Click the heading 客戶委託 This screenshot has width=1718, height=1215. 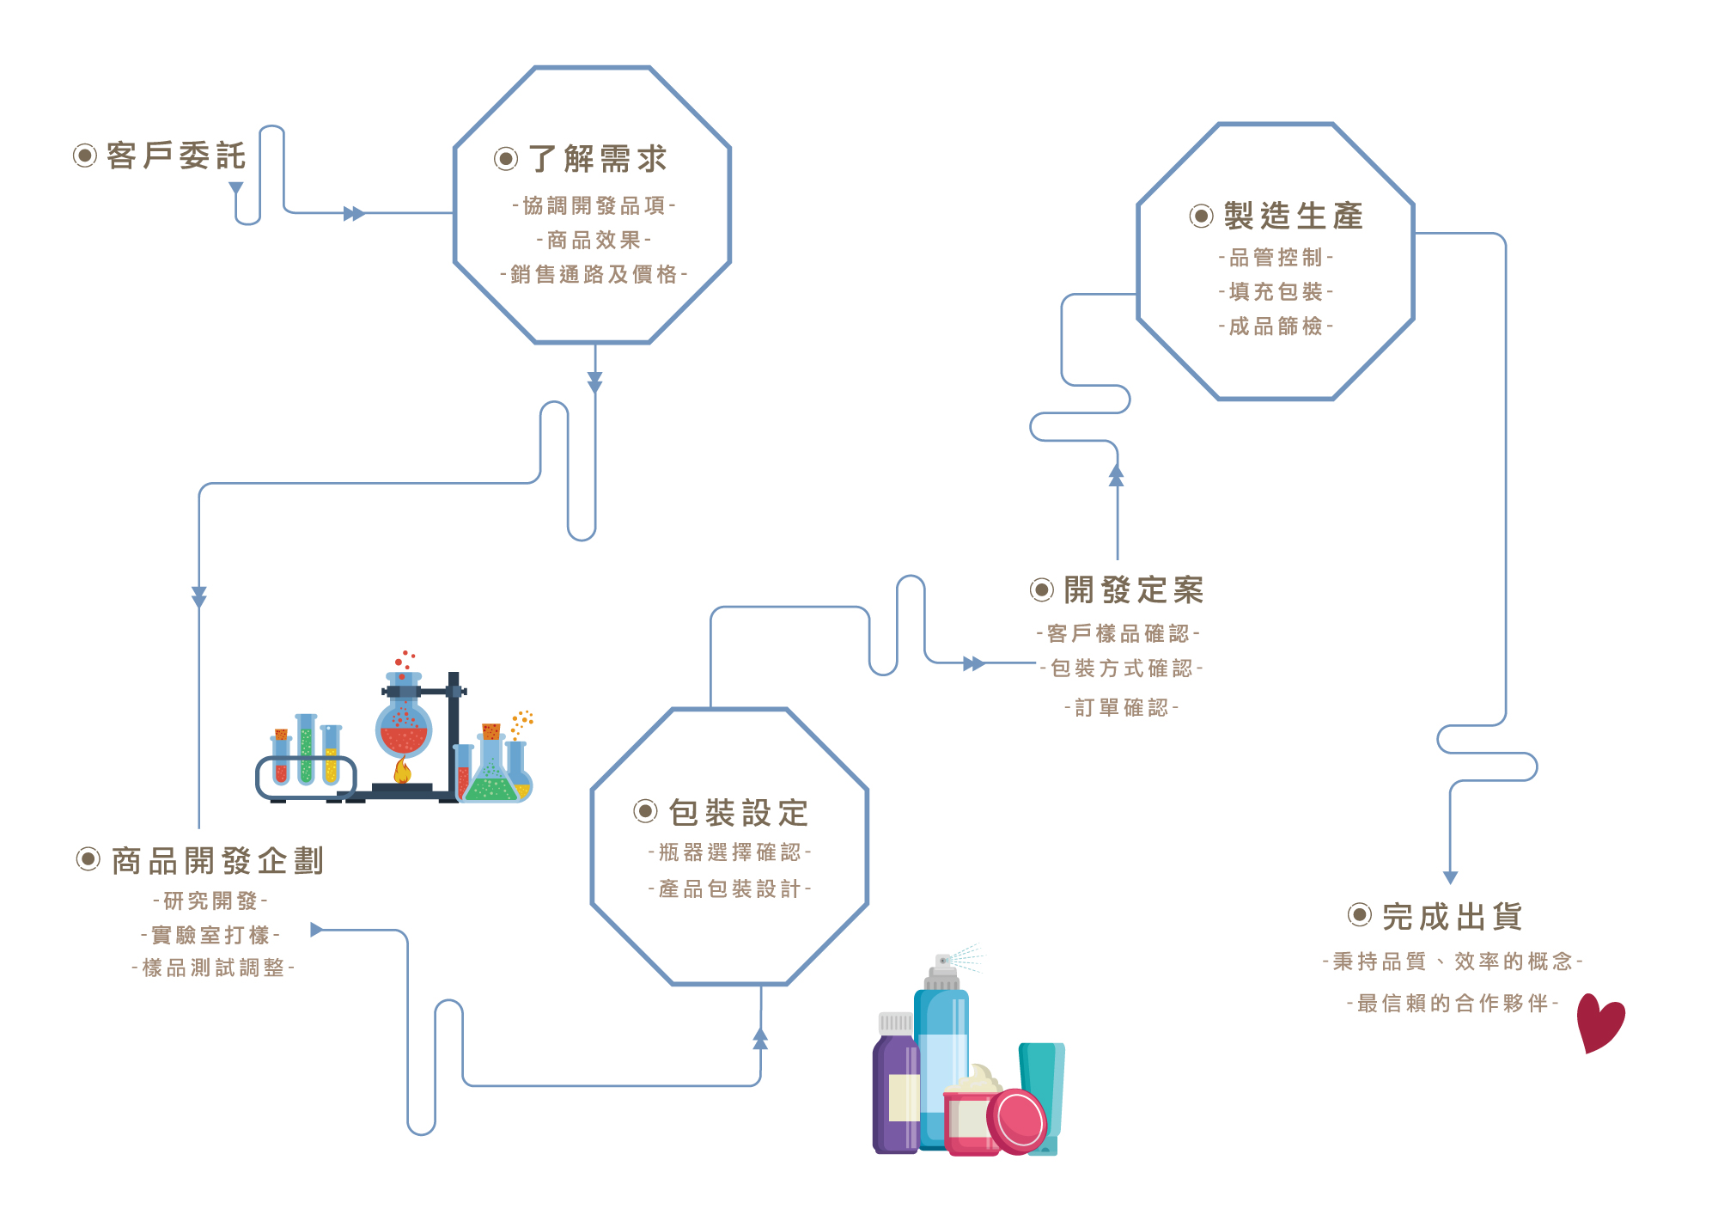(176, 156)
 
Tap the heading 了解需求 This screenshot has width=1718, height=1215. (598, 159)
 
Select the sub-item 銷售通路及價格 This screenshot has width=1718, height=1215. (594, 274)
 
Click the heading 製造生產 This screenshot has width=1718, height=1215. (1293, 216)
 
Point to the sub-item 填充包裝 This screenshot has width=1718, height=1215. (1276, 291)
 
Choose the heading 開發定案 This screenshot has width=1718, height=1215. (1134, 590)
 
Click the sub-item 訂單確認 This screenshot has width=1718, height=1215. (1121, 707)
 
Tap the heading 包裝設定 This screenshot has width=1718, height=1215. (739, 812)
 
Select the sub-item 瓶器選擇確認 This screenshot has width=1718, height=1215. (730, 852)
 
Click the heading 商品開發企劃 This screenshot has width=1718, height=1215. (217, 860)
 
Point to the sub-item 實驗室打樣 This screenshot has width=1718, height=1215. (210, 934)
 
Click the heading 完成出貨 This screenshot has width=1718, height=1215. (1453, 917)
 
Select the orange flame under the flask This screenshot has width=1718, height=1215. (402, 770)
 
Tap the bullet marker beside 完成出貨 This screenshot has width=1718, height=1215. (1359, 915)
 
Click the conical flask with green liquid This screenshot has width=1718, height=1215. (491, 778)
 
